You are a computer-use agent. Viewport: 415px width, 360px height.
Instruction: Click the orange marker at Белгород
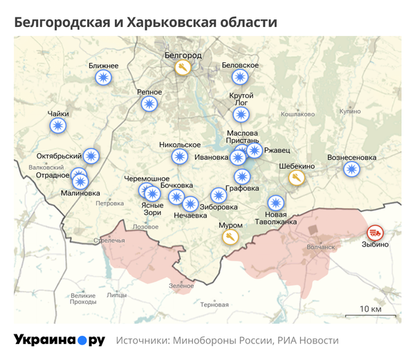[183, 68]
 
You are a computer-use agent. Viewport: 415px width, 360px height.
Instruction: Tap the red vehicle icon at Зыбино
[375, 232]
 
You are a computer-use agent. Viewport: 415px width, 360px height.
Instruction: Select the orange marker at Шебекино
[296, 179]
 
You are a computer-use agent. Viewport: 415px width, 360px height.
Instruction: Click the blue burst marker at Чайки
[59, 126]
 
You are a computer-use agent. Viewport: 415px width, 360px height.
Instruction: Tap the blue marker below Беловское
[240, 77]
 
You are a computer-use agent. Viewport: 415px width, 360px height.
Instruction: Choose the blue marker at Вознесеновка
[352, 170]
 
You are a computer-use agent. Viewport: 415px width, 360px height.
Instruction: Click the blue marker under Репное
[149, 105]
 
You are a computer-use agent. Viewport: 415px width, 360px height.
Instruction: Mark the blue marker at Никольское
[180, 157]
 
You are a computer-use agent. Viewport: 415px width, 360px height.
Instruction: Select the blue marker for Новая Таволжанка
[276, 204]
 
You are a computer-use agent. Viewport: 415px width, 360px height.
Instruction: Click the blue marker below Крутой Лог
[241, 114]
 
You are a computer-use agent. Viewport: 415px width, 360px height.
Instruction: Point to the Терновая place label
[214, 305]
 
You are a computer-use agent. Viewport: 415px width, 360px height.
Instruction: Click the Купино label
[350, 111]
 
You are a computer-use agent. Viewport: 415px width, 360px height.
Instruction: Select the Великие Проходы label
[83, 298]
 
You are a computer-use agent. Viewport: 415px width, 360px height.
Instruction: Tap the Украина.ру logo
[59, 341]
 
